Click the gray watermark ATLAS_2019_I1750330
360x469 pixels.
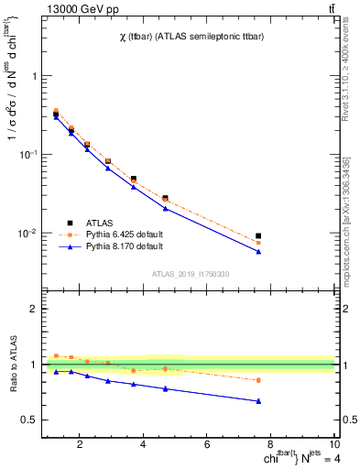point(191,274)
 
